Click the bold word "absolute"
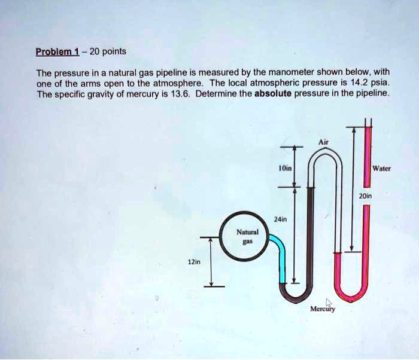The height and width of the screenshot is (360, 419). pos(272,94)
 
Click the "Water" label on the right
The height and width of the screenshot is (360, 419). pos(381,168)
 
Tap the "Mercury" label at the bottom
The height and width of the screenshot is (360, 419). pos(323,309)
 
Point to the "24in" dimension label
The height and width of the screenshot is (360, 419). pos(279,219)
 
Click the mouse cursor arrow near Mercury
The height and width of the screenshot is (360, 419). pos(329,301)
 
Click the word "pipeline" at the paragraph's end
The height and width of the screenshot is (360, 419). pos(372,94)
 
